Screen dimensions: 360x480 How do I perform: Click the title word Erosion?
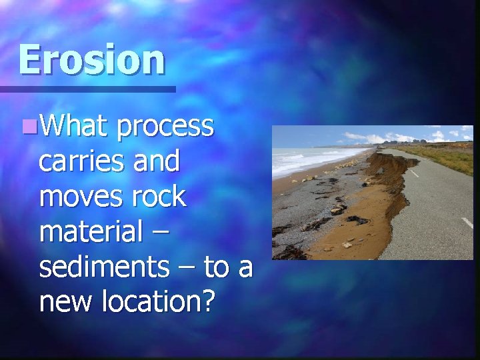(x=91, y=59)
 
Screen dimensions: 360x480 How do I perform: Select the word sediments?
(x=103, y=267)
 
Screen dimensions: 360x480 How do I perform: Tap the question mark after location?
(x=208, y=303)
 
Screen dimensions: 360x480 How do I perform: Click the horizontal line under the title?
(x=87, y=89)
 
